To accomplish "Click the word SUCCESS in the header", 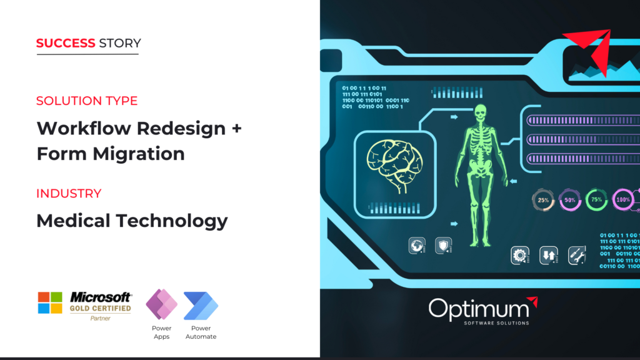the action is [66, 43].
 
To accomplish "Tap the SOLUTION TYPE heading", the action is [87, 101].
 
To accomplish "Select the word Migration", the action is [139, 154].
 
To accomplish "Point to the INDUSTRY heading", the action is [69, 194].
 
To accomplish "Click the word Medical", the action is [74, 221].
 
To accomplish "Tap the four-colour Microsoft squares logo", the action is [50, 302].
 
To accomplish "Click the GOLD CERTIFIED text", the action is [101, 308].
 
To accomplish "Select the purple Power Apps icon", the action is [162, 304].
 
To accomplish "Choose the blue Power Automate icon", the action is [201, 306].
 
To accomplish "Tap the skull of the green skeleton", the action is [481, 112].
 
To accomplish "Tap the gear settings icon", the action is [520, 256].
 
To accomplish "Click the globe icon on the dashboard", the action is [417, 246].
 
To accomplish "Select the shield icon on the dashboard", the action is [443, 246].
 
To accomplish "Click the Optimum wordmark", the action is [479, 309].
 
